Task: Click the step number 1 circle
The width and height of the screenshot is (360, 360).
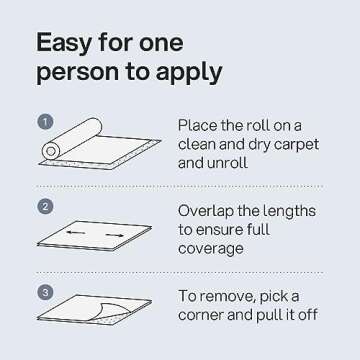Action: (x=44, y=122)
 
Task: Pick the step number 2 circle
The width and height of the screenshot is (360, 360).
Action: (x=44, y=208)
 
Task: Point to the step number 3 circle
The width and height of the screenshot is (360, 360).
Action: (x=44, y=292)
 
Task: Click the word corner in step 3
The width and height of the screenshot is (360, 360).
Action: (x=206, y=316)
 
